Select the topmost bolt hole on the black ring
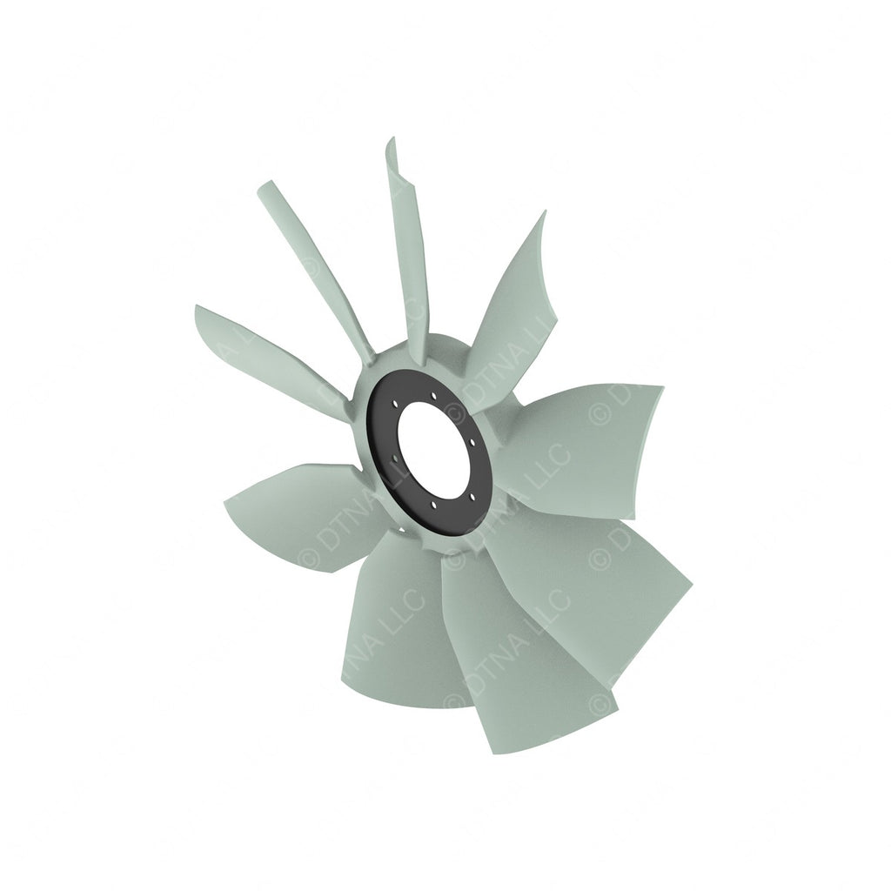coord(433,396)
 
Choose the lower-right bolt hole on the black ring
coord(472,497)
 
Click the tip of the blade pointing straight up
coord(392,144)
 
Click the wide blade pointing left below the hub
coord(287,513)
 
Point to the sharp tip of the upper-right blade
coord(544,213)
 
